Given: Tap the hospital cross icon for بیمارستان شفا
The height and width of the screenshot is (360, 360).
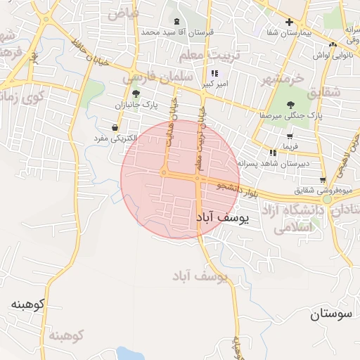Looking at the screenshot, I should coord(288,22).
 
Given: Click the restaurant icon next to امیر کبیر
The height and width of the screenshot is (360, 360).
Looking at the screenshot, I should coord(214,73).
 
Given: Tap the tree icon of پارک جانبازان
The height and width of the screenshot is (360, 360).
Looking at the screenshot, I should coord(136,94).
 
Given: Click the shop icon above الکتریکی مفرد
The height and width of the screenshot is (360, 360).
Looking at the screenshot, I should coord(114,127).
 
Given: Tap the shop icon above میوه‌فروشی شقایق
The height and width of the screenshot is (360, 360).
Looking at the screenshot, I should coord(323,179).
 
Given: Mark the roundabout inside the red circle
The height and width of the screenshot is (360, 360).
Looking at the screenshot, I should coord(164,172).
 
